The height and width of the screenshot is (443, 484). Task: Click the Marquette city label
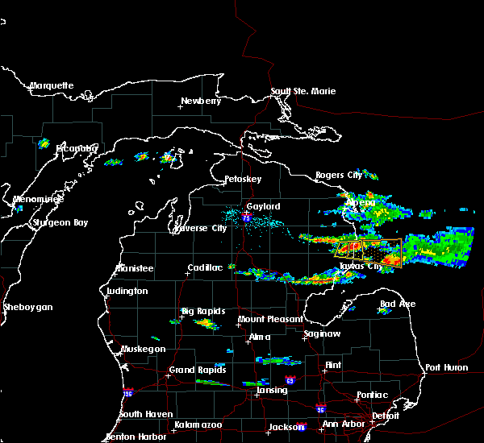click(x=52, y=85)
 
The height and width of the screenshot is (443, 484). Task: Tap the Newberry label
click(x=200, y=101)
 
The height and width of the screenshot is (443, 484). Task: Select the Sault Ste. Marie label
click(x=303, y=91)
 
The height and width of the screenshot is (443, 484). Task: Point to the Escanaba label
click(x=76, y=148)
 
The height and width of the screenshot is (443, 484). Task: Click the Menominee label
click(x=35, y=199)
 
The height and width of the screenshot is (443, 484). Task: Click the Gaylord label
click(x=263, y=206)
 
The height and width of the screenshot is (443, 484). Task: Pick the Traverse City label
click(x=201, y=228)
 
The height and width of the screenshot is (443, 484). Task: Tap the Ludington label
click(x=127, y=291)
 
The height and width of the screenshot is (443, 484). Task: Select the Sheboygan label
click(x=28, y=307)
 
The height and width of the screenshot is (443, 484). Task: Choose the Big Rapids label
click(x=203, y=311)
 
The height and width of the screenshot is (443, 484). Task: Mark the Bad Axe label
click(x=398, y=304)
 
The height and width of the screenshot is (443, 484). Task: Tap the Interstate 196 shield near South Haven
click(x=127, y=392)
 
